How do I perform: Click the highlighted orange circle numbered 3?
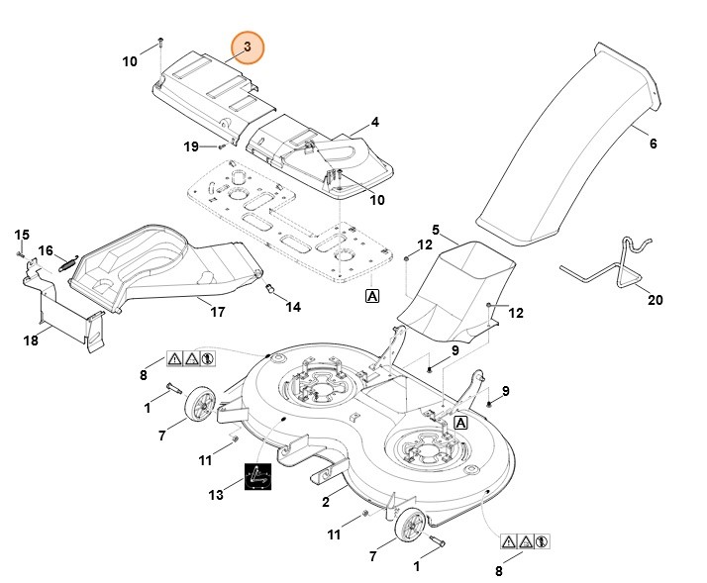pos(248,48)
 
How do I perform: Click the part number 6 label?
pos(653,144)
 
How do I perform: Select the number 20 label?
pos(656,300)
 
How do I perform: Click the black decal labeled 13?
pos(257,476)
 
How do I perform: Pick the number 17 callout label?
pos(218,312)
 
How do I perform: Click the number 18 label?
pos(31,340)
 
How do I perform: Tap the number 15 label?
pos(22,235)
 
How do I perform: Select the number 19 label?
pos(191,146)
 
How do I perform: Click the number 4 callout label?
pos(374,122)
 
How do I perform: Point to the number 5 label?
pos(435,230)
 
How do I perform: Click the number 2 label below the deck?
pos(326,502)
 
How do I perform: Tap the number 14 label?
pos(293,307)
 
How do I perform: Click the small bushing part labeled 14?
pos(269,288)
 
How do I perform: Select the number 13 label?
pos(216,495)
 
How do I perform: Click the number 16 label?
pos(46,250)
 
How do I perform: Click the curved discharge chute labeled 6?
pos(569,145)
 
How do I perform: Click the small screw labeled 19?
pos(222,146)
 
